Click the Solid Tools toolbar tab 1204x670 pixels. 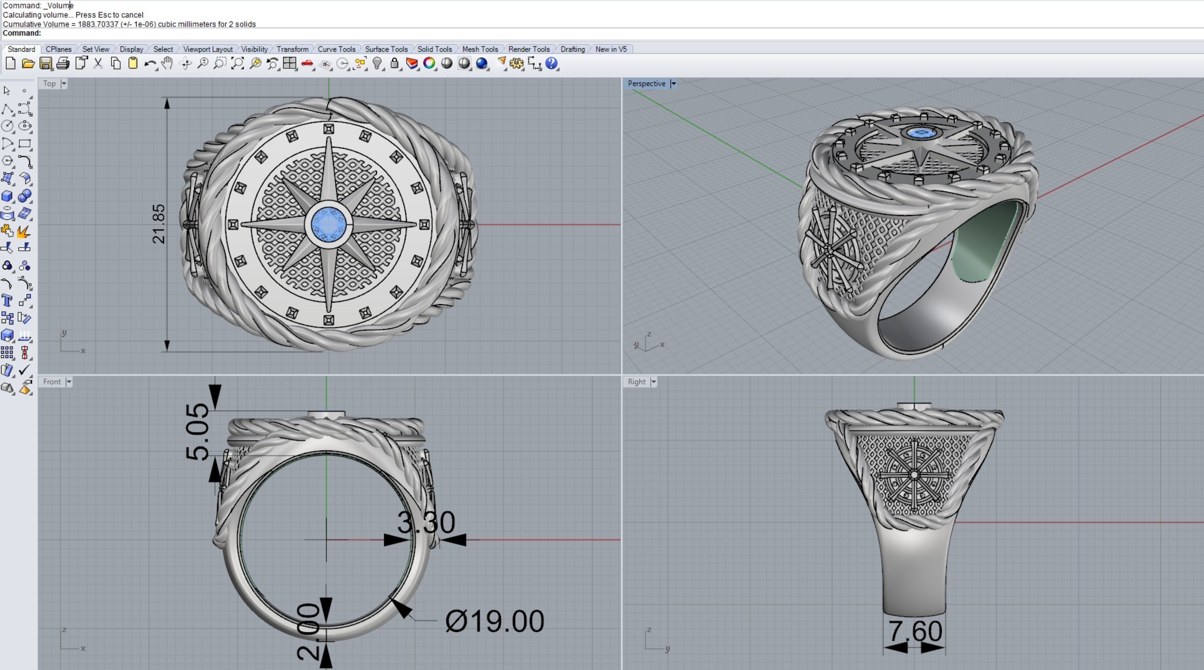click(434, 49)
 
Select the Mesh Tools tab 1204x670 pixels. click(480, 49)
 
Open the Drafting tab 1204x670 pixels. click(572, 49)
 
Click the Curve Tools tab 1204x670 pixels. click(336, 49)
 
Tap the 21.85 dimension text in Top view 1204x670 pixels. click(159, 223)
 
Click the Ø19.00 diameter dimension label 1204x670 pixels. click(495, 621)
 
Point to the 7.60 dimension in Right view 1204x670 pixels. click(914, 631)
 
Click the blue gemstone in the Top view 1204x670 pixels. click(329, 225)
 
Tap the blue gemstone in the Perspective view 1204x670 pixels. click(921, 133)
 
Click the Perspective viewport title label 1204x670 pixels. click(646, 83)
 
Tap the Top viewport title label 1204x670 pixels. click(49, 83)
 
